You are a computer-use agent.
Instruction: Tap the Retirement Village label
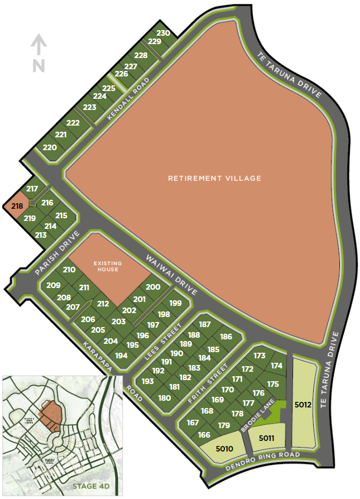(x=215, y=179)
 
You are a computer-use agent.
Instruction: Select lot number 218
(x=17, y=206)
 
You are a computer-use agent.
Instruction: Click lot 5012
(x=303, y=404)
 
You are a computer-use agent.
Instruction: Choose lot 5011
(x=266, y=438)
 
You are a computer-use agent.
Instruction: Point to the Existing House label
(x=106, y=266)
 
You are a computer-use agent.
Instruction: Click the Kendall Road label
(x=129, y=99)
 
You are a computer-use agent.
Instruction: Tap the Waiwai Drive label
(x=172, y=275)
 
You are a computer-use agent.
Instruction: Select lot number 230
(x=163, y=33)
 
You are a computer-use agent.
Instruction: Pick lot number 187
(x=205, y=324)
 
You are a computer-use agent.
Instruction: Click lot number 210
(x=69, y=270)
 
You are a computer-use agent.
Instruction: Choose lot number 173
(x=259, y=356)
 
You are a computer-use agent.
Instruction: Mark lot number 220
(x=50, y=147)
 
